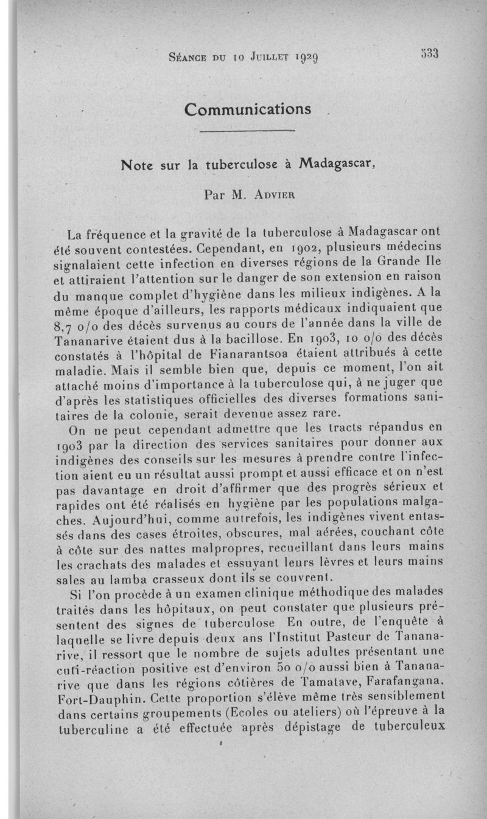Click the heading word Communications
point(248,109)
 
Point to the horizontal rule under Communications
point(247,131)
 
